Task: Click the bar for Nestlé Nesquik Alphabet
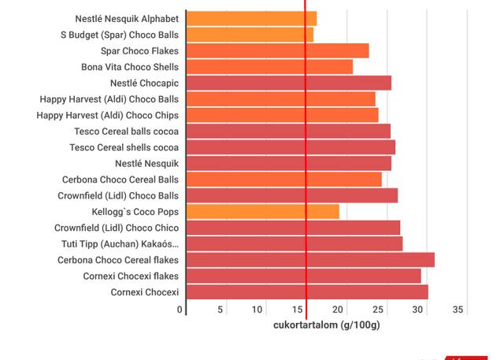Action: click(251, 18)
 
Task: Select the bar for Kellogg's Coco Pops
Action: click(262, 211)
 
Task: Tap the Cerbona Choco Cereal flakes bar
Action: click(309, 260)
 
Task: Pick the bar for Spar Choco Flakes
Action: click(277, 50)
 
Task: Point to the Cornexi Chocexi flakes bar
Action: click(303, 276)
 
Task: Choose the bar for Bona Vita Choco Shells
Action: click(269, 67)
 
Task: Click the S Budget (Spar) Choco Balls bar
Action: click(250, 35)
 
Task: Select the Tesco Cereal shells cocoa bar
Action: click(290, 147)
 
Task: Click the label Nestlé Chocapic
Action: click(144, 83)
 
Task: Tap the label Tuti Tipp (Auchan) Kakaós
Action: click(120, 243)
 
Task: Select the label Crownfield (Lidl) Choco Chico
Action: click(117, 228)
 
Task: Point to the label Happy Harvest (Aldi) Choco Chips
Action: click(109, 115)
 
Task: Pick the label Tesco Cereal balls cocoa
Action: click(126, 131)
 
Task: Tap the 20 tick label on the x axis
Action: click(340, 310)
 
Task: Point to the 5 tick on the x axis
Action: click(221, 310)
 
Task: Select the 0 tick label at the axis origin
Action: click(180, 310)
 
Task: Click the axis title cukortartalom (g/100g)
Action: click(326, 325)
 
